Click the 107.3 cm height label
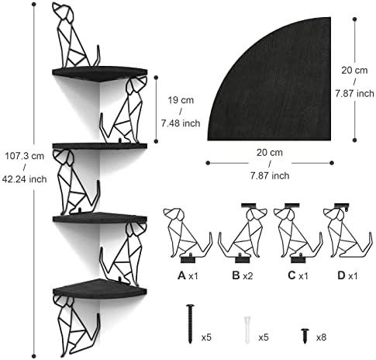pos(25,156)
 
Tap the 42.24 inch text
pos(25,179)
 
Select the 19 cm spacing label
pos(181,100)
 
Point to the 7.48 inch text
pos(181,123)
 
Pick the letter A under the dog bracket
pos(181,275)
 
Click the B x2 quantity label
pos(243,275)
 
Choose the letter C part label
pos(291,275)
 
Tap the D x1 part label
pos(347,275)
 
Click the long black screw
pos(190,324)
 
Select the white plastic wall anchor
pos(247,330)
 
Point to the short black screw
pos(305,336)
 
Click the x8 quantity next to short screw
pos(321,337)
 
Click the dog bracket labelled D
pos(348,230)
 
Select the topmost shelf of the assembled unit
pos(100,74)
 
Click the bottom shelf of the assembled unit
pos(100,289)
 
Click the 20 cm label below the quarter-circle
pos(270,153)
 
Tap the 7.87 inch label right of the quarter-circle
pos(354,93)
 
